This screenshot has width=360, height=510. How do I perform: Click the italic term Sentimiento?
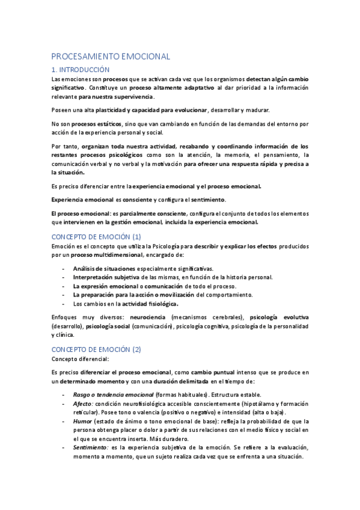point(90,448)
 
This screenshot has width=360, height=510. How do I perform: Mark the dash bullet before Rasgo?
point(64,395)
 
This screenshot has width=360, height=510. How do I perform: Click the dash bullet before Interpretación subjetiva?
point(64,277)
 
